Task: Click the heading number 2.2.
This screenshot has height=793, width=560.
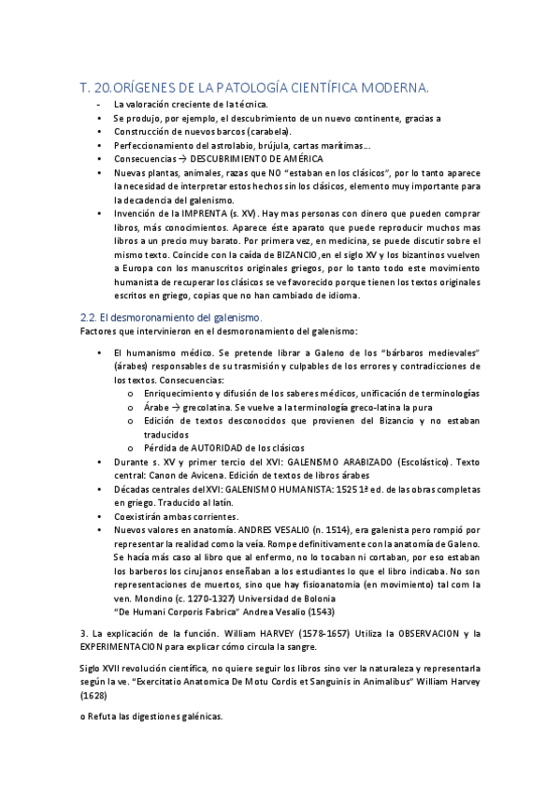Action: click(90, 318)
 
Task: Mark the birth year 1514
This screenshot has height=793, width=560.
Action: click(348, 529)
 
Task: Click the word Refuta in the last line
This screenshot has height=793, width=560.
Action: click(106, 716)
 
